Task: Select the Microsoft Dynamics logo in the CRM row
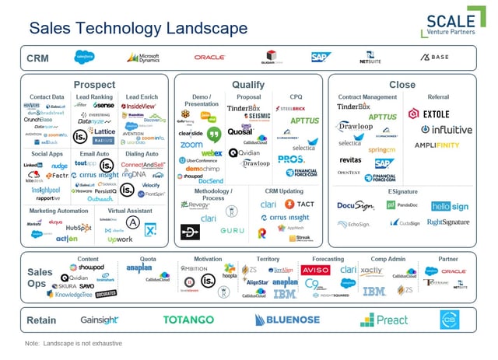143,58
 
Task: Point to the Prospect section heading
94,85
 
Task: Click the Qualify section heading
248,85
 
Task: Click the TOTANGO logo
188,320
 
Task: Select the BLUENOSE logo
287,320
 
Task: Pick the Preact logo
384,320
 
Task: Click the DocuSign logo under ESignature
356,206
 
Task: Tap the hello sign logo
450,206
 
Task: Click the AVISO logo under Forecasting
315,270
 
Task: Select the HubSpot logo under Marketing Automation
78,227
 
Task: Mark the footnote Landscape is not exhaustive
73,343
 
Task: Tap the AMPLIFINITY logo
436,145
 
